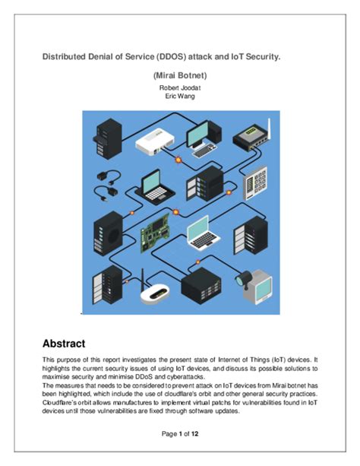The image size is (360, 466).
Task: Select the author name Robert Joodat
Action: tap(180, 88)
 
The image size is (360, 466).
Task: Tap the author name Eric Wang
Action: tap(180, 97)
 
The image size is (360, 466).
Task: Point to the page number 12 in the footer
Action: tap(195, 433)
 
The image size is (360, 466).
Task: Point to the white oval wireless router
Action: tap(156, 293)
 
